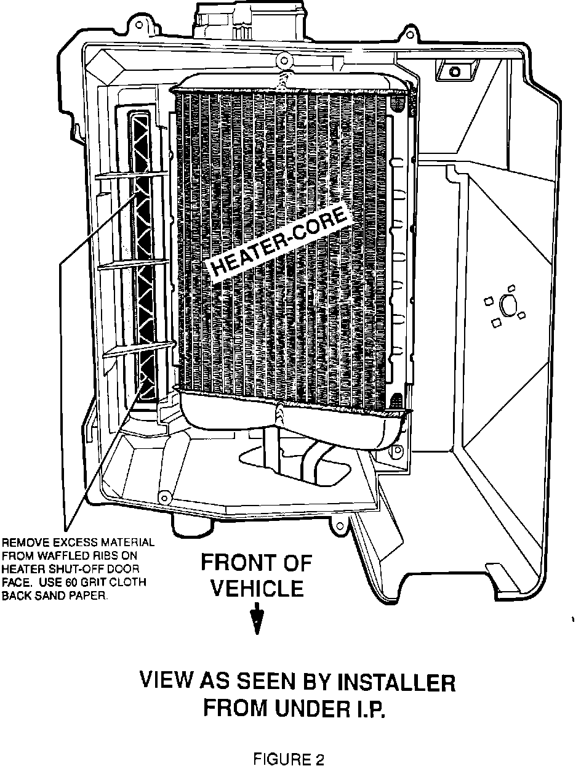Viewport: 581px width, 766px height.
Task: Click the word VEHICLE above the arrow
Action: pyautogui.click(x=257, y=589)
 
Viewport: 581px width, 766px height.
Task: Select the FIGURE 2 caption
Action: pyautogui.click(x=289, y=759)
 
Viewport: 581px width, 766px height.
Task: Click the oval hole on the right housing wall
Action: pyautogui.click(x=509, y=304)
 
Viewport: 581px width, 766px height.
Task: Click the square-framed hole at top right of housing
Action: pyautogui.click(x=454, y=71)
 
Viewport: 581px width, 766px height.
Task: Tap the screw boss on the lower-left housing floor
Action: pyautogui.click(x=164, y=497)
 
